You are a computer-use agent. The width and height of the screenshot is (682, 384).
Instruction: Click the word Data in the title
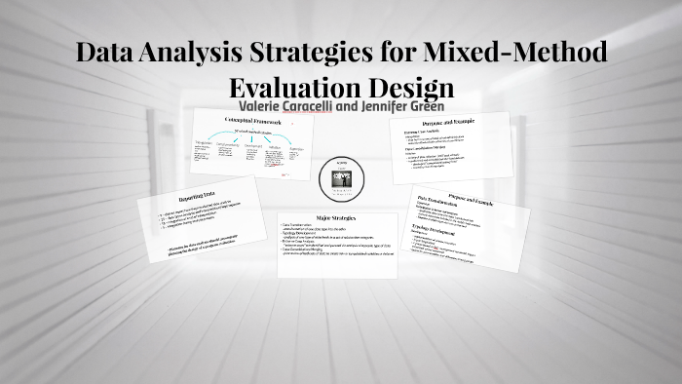108,51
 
